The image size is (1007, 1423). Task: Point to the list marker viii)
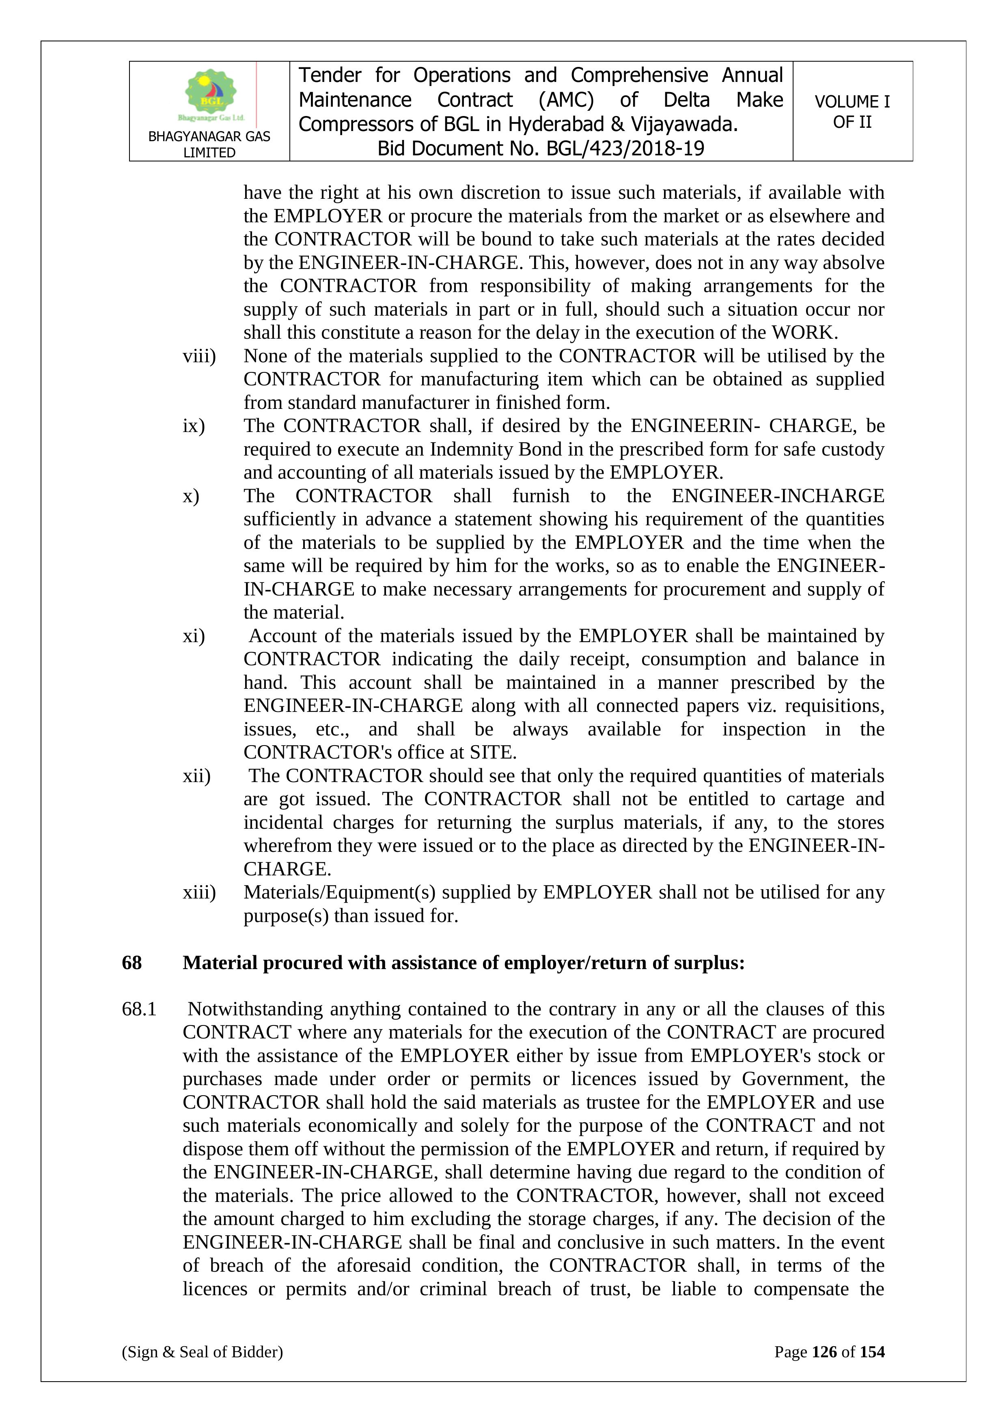199,357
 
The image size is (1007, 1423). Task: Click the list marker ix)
194,426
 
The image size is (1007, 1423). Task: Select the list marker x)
191,497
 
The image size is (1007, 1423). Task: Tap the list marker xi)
194,636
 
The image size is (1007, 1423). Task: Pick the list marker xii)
196,776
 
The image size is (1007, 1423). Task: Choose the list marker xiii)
199,892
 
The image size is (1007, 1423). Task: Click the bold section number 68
132,963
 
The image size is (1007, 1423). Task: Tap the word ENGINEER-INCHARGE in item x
778,497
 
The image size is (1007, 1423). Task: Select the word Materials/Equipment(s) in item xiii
339,892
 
